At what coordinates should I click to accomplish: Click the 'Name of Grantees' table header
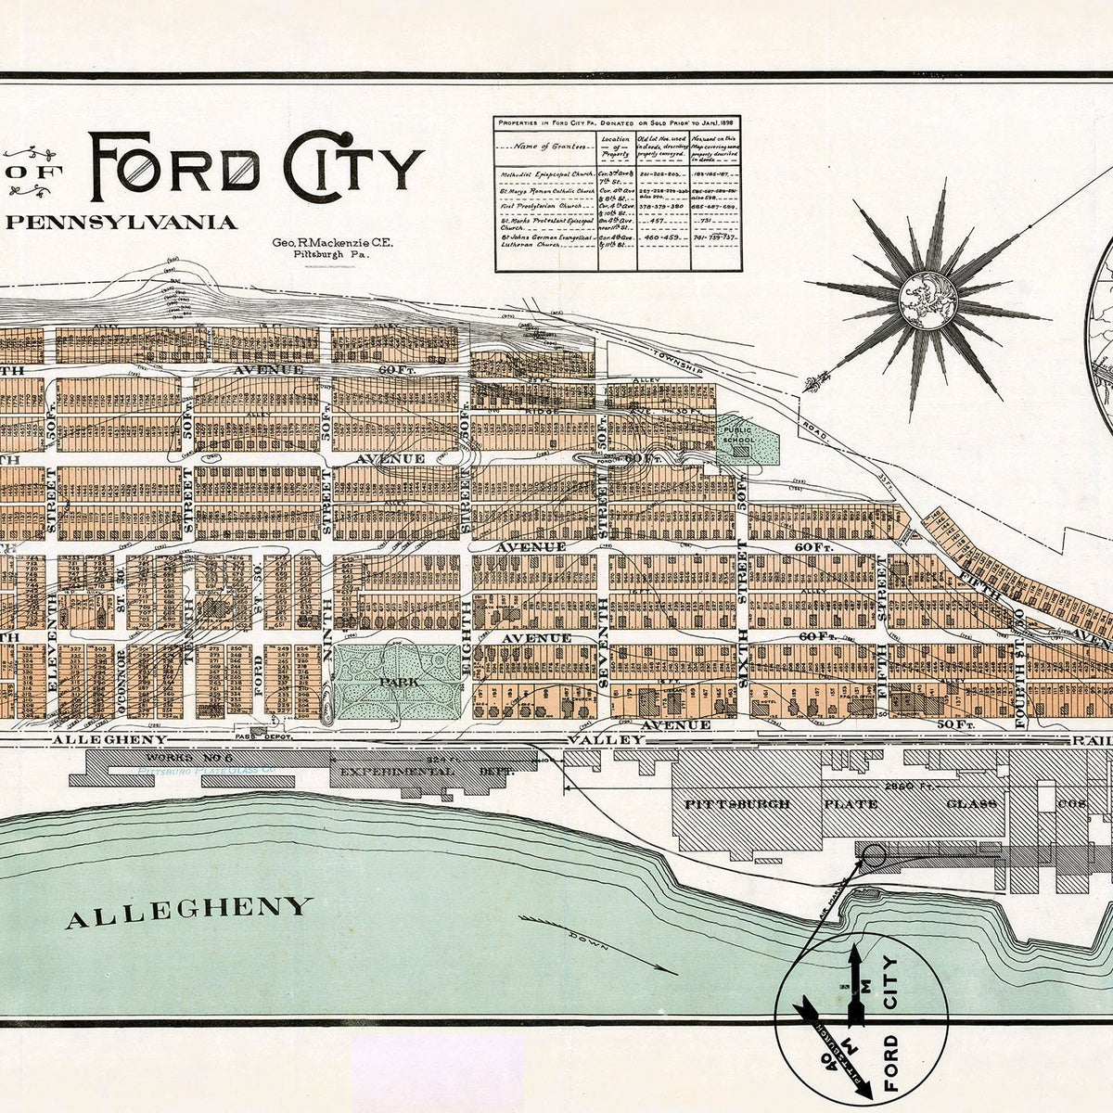545,146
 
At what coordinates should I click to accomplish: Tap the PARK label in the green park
397,681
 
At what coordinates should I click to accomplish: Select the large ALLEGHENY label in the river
186,904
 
